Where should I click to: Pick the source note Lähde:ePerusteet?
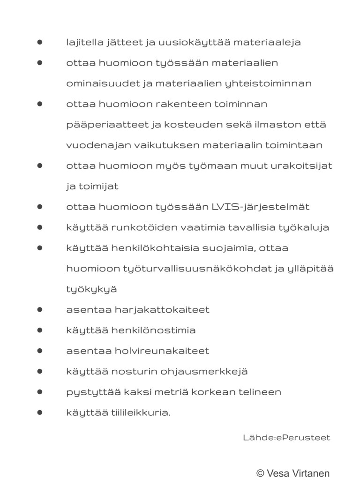click(286, 438)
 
